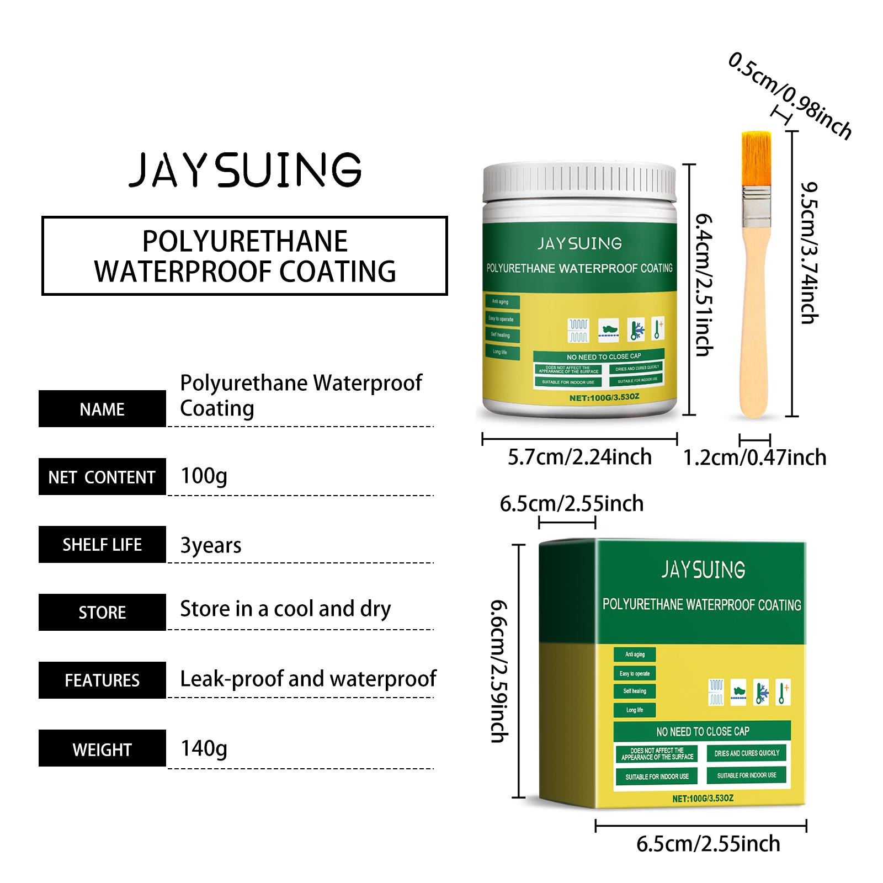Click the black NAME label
click(102, 409)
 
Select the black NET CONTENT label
click(102, 477)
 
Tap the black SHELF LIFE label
click(102, 545)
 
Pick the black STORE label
click(102, 613)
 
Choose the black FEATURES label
click(102, 680)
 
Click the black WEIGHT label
click(102, 748)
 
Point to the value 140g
click(204, 748)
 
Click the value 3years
click(211, 545)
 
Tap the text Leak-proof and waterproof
click(308, 679)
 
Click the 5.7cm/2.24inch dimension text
click(579, 457)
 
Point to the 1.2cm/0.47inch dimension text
click(754, 458)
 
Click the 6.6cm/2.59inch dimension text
click(499, 671)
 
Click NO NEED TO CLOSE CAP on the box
click(703, 731)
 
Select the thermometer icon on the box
click(783, 693)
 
